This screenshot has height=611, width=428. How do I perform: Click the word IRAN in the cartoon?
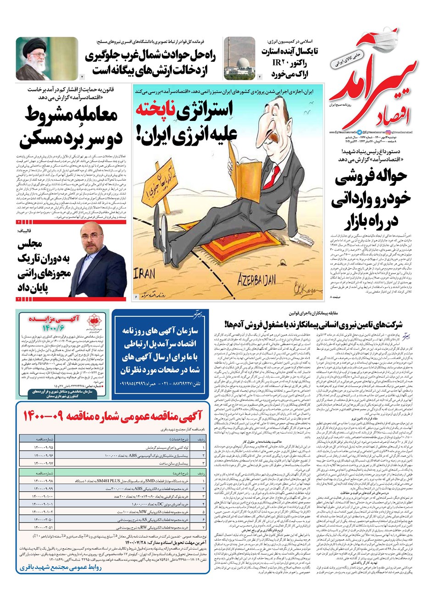click(x=145, y=274)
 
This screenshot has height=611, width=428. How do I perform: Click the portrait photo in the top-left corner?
click(x=47, y=58)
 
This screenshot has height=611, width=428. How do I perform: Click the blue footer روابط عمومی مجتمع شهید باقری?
click(x=59, y=567)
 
